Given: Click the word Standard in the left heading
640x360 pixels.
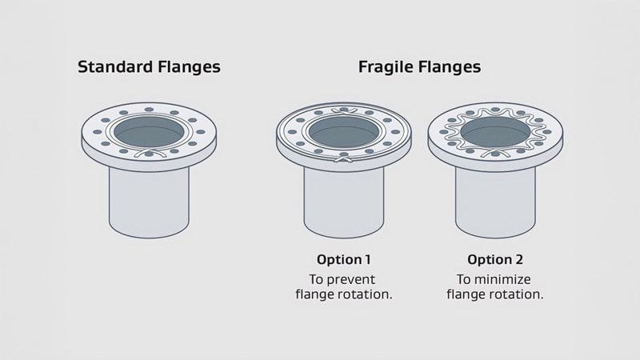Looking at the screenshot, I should coord(111,67).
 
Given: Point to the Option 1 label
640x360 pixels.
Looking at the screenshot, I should coord(344,260).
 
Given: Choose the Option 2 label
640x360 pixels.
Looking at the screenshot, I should coord(494,260).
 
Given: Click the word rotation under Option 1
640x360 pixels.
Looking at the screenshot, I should coord(368,294).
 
